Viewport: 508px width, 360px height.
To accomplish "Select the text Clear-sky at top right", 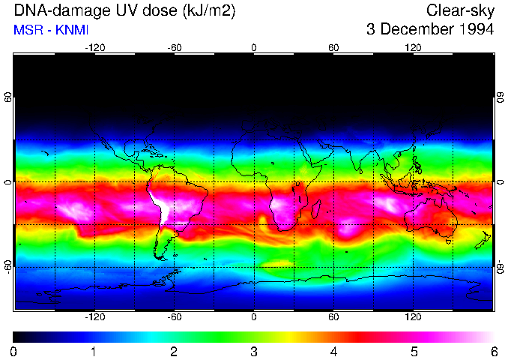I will [460, 11].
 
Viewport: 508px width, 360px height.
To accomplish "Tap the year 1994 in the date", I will [474, 30].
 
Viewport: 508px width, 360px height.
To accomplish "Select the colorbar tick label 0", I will [14, 351].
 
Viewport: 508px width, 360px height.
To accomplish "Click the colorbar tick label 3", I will [254, 351].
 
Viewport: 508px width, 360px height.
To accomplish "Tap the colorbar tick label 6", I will [494, 351].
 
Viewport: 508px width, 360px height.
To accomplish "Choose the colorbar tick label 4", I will [334, 351].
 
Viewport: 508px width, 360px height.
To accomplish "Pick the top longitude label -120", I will [94, 48].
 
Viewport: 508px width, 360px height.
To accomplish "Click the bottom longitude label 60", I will [334, 317].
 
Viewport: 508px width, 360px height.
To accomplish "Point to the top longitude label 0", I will [254, 48].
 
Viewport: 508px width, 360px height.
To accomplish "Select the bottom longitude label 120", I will [414, 317].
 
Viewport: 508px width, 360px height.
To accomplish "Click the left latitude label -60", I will [7, 267].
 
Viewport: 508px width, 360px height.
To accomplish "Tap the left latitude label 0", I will [7, 182].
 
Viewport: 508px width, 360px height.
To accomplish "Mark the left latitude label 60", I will [7, 98].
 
